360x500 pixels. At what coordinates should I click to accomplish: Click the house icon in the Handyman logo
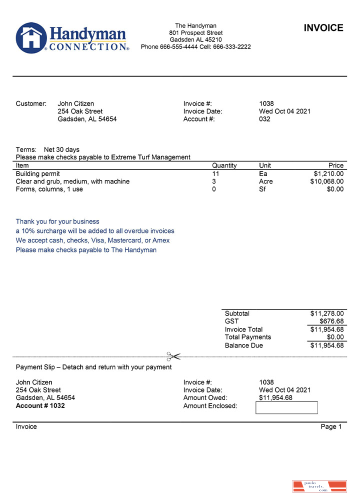(x=31, y=37)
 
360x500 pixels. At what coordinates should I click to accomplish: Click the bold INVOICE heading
(x=323, y=28)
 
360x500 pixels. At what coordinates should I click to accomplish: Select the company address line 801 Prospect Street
(x=195, y=33)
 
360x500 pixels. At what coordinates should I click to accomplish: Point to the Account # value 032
(x=264, y=119)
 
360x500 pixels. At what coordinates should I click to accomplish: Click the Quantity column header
(x=224, y=165)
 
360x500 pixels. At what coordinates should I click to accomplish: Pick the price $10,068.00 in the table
(x=326, y=181)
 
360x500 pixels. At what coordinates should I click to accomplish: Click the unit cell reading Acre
(x=265, y=181)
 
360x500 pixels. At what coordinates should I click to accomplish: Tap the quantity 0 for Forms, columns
(x=214, y=189)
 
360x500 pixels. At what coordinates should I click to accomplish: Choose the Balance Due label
(x=243, y=345)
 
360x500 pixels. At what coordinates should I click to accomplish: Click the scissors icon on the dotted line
(x=173, y=356)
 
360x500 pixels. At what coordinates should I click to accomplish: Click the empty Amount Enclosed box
(x=286, y=407)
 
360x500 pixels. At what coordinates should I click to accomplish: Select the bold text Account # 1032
(x=40, y=405)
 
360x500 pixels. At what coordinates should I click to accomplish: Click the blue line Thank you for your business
(x=57, y=221)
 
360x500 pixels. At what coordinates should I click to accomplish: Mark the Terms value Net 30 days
(x=61, y=149)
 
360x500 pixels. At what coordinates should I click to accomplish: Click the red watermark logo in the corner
(x=319, y=486)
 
